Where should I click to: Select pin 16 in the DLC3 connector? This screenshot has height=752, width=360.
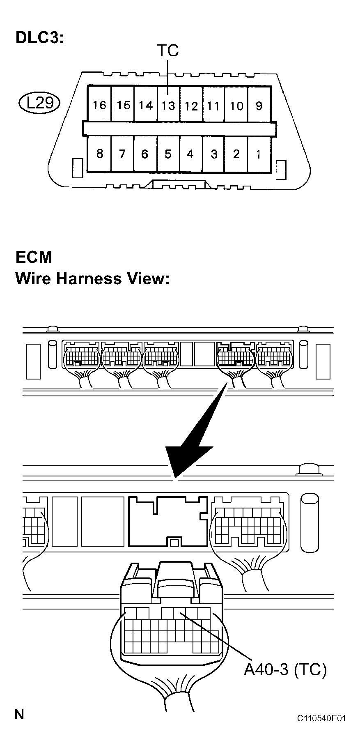(x=99, y=105)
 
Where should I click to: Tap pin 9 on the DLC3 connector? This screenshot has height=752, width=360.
(x=259, y=105)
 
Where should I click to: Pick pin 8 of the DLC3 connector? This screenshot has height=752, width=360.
(x=99, y=154)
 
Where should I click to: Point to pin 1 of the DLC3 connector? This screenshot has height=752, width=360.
(x=259, y=154)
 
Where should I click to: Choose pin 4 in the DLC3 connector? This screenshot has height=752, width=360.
(x=190, y=154)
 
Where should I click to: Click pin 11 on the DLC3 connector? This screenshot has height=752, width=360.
(x=213, y=105)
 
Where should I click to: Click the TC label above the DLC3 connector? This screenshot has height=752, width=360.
(x=168, y=51)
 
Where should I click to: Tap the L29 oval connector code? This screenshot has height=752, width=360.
(x=40, y=102)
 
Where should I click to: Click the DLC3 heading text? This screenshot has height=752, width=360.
(x=40, y=38)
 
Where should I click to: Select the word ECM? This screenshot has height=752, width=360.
(x=34, y=257)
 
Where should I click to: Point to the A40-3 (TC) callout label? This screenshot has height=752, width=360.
(x=285, y=670)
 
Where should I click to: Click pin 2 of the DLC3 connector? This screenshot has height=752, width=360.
(x=236, y=154)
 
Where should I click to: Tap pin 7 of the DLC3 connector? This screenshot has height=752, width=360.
(x=122, y=154)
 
